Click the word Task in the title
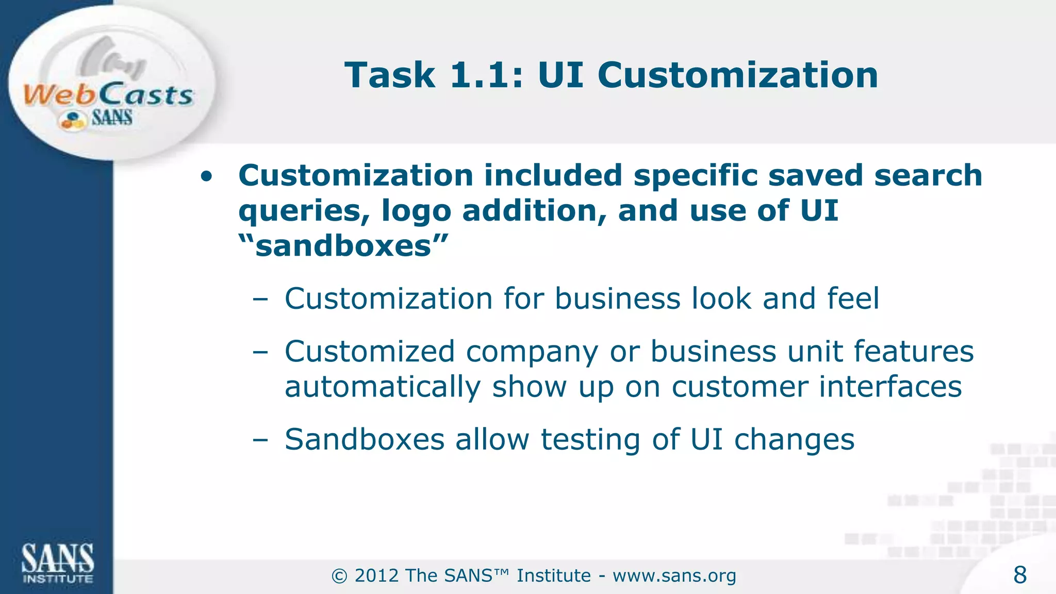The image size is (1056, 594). (390, 75)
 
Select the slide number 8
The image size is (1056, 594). (1019, 575)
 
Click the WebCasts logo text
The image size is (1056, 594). (108, 95)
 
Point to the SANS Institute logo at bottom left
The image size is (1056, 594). (57, 563)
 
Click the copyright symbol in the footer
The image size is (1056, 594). (339, 575)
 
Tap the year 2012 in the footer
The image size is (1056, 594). (376, 575)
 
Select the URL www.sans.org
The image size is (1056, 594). (674, 575)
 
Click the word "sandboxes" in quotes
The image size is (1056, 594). (343, 246)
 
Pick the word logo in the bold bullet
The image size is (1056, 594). (416, 211)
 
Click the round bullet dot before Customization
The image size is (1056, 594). (206, 177)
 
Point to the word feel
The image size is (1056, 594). (853, 299)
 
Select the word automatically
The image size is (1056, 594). (383, 387)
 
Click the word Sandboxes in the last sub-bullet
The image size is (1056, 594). (365, 439)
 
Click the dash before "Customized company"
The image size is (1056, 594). (260, 352)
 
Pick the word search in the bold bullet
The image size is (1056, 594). (928, 175)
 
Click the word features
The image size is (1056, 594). (914, 352)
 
